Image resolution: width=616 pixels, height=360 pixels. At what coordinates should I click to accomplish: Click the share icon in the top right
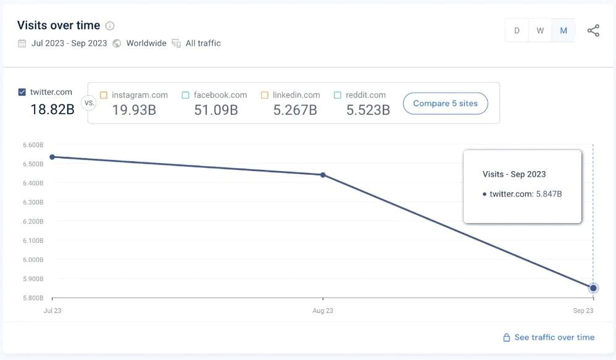point(593,31)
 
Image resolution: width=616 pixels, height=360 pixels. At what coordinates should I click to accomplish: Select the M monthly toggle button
point(564,31)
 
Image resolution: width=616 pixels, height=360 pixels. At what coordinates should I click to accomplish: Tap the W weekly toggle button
point(540,31)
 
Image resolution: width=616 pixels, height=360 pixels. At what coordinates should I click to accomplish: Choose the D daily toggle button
point(517,31)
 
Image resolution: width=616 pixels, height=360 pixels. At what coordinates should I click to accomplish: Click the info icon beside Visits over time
point(110,26)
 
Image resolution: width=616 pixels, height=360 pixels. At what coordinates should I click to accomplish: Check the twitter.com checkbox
point(22,93)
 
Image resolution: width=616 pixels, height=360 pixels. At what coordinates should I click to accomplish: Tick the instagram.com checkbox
point(104,95)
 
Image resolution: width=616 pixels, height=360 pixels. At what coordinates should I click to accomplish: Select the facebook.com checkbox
point(186,95)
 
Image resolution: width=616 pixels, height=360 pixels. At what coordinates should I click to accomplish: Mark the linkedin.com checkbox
point(265,95)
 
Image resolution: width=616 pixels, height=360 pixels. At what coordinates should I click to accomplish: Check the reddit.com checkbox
point(338,95)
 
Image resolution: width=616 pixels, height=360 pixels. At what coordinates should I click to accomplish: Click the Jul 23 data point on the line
point(52,157)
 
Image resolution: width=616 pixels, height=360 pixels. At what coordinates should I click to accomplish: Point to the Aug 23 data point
point(323,175)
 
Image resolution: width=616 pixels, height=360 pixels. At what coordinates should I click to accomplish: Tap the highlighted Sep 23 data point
point(593,288)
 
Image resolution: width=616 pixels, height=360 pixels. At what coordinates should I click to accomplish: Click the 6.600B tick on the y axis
point(33,145)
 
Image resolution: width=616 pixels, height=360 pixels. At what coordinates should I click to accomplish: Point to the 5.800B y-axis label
point(33,298)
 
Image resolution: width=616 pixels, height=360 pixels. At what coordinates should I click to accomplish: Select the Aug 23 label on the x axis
point(323,311)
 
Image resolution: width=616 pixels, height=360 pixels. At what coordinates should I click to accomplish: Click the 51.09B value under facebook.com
point(216,110)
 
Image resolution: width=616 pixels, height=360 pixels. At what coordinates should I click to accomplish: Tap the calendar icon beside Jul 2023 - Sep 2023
point(22,43)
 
